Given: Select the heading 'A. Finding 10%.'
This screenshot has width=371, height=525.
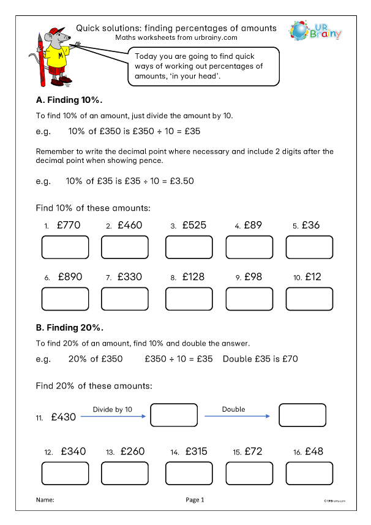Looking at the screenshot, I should point(69,100).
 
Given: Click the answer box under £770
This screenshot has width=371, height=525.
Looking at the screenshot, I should point(65,247).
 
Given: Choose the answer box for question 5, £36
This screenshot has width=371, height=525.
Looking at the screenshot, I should point(310,247).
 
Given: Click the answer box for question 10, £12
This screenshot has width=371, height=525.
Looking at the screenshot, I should point(310,298).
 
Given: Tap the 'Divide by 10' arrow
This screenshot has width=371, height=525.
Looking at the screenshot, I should point(113,417).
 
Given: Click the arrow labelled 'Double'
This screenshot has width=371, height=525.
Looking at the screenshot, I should point(237,417).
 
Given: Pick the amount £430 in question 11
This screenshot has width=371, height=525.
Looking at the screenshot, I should point(64,417).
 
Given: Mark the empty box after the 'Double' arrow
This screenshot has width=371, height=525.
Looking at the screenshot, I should point(302,415).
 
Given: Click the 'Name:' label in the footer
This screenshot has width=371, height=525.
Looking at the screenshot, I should point(45,500).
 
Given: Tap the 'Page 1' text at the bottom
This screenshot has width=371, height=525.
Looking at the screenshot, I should point(195,500).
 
